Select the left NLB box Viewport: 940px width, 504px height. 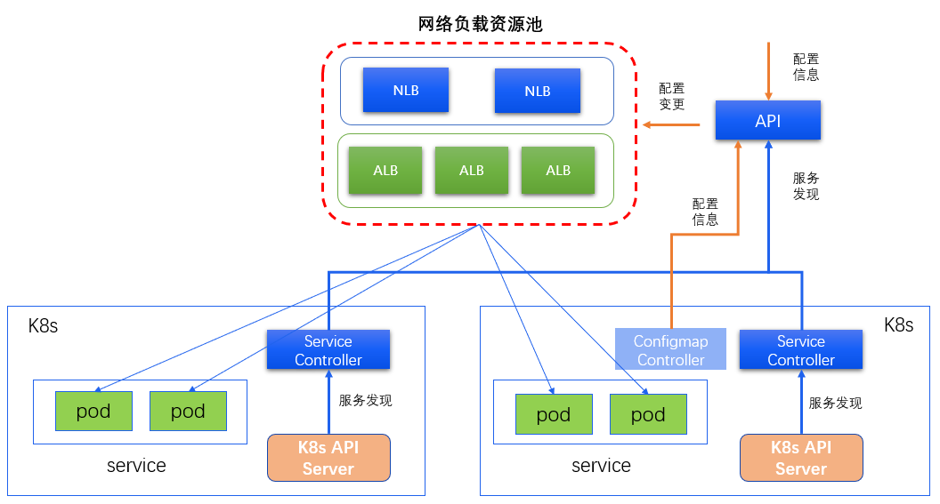pyautogui.click(x=406, y=91)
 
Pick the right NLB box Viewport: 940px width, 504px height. pyautogui.click(x=537, y=91)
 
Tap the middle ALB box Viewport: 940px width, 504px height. pyautogui.click(x=471, y=170)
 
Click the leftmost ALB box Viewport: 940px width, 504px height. pyautogui.click(x=385, y=170)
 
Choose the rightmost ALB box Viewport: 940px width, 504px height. pyautogui.click(x=558, y=170)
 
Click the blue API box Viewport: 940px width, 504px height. pyautogui.click(x=767, y=121)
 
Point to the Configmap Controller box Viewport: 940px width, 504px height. pyautogui.click(x=670, y=350)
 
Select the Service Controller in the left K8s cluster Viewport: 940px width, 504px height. pyautogui.click(x=328, y=350)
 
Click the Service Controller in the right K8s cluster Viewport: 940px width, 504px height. pyautogui.click(x=801, y=350)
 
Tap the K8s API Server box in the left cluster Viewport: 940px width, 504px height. pyautogui.click(x=328, y=458)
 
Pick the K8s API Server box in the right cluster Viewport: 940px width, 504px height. pyautogui.click(x=801, y=458)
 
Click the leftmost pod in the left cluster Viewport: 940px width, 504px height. pyautogui.click(x=93, y=412)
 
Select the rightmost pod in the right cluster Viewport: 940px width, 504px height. pyautogui.click(x=648, y=415)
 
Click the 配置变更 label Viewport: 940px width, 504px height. pyautogui.click(x=672, y=96)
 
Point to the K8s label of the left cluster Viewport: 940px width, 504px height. pyautogui.click(x=43, y=325)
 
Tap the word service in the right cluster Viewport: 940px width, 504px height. pyautogui.click(x=601, y=466)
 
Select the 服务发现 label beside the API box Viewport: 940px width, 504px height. pyautogui.click(x=806, y=186)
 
